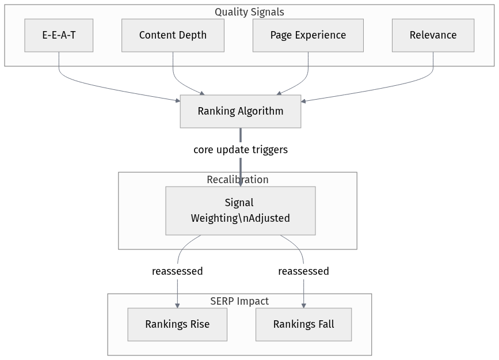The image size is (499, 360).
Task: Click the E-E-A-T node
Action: click(59, 35)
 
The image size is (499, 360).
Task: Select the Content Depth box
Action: click(173, 35)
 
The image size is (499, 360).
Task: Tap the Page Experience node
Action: click(308, 35)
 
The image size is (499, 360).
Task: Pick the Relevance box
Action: click(433, 35)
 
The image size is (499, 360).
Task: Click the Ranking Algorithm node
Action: click(241, 111)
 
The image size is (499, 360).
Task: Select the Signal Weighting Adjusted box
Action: click(241, 211)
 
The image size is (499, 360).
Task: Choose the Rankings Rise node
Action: click(177, 324)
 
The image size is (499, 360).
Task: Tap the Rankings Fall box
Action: click(303, 324)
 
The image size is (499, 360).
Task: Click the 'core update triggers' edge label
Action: click(241, 150)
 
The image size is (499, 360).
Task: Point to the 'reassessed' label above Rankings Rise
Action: click(177, 271)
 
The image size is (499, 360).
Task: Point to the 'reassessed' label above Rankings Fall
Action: click(303, 271)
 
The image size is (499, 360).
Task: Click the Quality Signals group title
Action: click(249, 12)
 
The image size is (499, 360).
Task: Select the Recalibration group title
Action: click(237, 180)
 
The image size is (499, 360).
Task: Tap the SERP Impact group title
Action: click(239, 301)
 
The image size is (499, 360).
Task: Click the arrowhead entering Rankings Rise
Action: click(177, 306)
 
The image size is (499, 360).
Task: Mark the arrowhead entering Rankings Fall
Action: click(303, 306)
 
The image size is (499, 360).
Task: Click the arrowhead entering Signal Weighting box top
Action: click(241, 183)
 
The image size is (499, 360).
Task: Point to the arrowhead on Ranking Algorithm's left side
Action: click(177, 101)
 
